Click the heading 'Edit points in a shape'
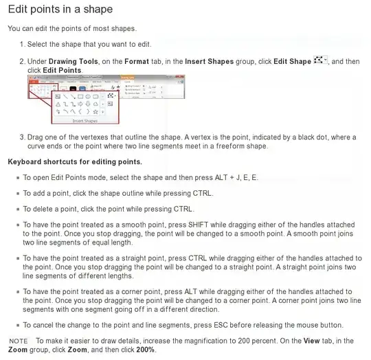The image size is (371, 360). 60,10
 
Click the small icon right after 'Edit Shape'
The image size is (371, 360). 320,61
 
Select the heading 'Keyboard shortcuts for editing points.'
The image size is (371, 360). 74,161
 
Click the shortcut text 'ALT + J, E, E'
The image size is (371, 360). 234,177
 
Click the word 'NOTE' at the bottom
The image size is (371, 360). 19,341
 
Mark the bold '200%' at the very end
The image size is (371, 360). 146,350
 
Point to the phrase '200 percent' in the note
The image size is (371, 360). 251,341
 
